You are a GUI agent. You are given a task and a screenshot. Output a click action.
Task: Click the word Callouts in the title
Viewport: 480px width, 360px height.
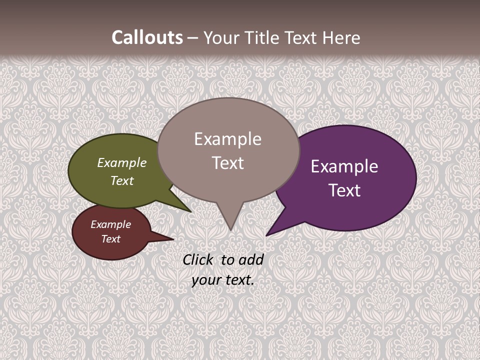[x=147, y=38]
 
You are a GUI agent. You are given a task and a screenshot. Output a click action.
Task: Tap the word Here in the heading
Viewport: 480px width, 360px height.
[x=342, y=38]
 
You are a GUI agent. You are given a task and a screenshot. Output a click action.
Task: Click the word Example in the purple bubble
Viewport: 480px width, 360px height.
[x=344, y=166]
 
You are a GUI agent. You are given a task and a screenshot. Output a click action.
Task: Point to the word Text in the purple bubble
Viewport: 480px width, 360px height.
[x=344, y=190]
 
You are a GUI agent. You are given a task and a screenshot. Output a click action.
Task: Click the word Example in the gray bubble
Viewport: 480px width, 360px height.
[x=227, y=139]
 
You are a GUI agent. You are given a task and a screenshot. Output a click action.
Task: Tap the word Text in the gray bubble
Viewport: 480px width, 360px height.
[x=227, y=163]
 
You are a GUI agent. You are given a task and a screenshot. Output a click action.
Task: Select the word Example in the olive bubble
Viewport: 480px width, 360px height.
[x=122, y=163]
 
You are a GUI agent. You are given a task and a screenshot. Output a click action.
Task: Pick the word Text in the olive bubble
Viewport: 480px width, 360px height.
[x=122, y=180]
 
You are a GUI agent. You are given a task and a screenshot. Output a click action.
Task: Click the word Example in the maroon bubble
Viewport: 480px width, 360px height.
[x=110, y=224]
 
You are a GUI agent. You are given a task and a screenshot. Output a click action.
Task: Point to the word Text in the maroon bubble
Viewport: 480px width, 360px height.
[x=110, y=239]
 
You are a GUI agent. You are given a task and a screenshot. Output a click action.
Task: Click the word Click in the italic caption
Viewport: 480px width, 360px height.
[x=198, y=259]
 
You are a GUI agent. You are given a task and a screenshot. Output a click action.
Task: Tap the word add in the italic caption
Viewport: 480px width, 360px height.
[x=251, y=259]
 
